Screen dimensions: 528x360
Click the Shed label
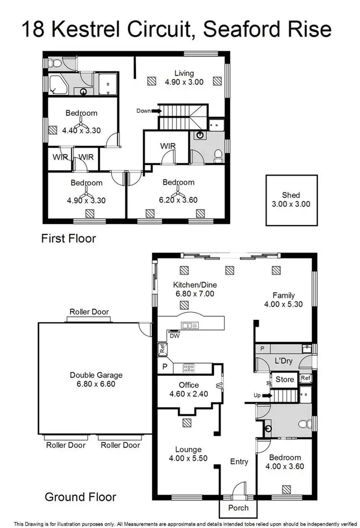click(x=291, y=195)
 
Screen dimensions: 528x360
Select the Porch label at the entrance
click(x=238, y=508)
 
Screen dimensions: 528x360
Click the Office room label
click(x=189, y=385)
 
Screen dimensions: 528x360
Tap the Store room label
click(x=285, y=380)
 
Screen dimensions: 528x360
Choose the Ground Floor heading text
click(x=80, y=497)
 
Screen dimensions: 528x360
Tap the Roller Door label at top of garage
click(x=89, y=312)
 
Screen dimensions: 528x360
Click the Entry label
click(x=239, y=462)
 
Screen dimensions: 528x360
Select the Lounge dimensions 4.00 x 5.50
click(x=188, y=458)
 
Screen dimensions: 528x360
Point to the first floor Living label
click(x=184, y=73)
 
